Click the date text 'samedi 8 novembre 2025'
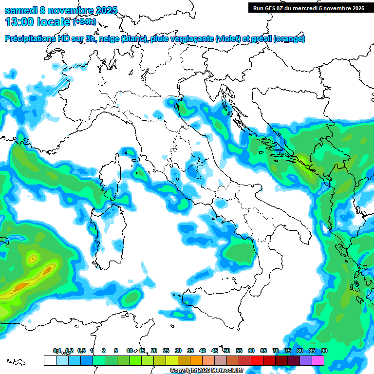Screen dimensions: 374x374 (61, 10)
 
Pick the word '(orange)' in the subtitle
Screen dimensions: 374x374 (289, 39)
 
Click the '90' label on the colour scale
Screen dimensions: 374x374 (324, 351)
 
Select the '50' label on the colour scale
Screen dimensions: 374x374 (227, 351)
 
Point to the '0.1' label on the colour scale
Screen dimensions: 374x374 (57, 351)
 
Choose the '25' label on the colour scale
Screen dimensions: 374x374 (166, 351)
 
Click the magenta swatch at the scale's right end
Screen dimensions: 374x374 (318, 360)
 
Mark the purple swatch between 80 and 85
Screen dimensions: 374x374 (306, 360)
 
